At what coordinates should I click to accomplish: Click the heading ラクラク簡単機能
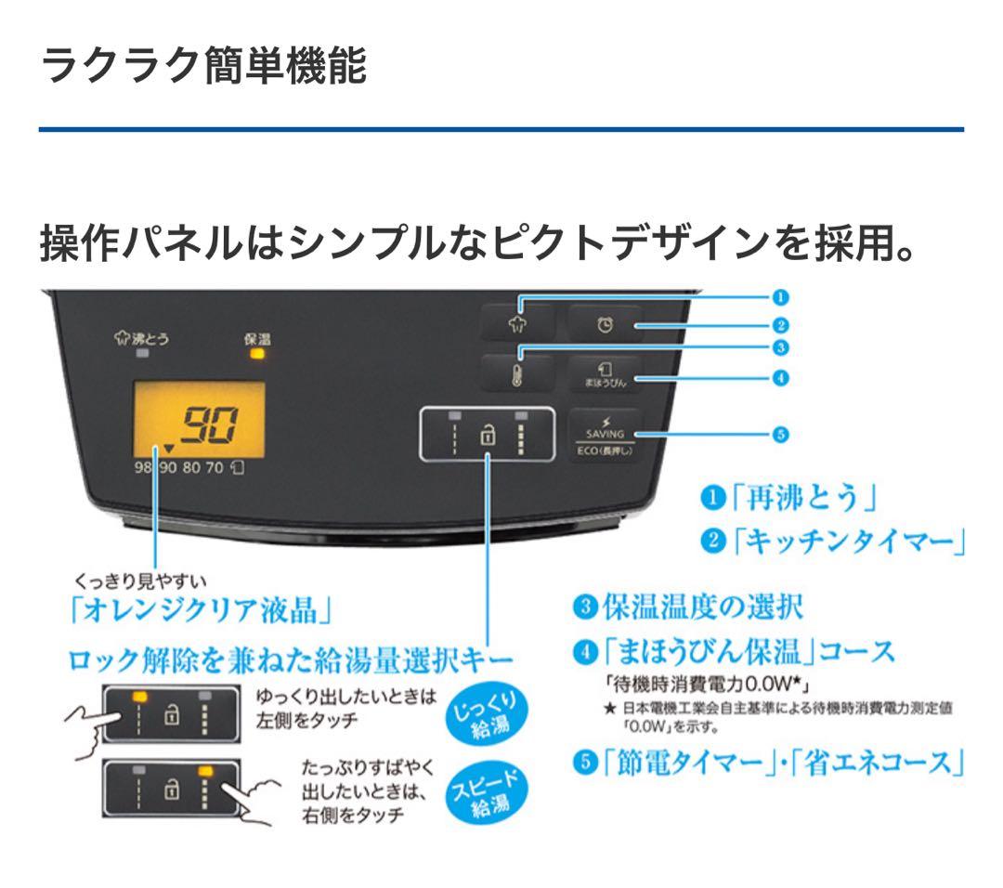click(x=203, y=67)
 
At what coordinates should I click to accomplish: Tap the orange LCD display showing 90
click(x=199, y=420)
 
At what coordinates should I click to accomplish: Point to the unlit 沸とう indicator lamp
click(x=142, y=354)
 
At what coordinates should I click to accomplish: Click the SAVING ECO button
click(x=606, y=436)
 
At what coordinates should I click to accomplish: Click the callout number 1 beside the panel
click(x=780, y=297)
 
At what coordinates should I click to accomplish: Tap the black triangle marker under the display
click(x=169, y=449)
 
